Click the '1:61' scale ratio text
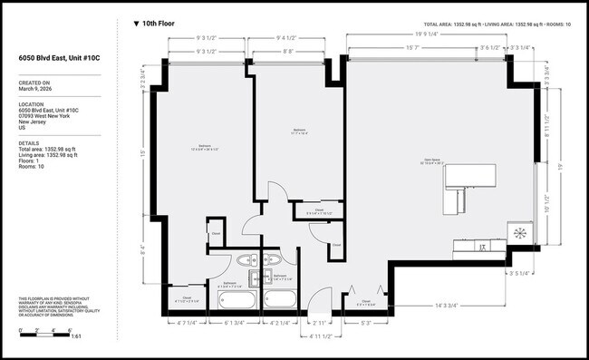[x=75, y=336]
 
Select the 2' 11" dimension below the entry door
[x=318, y=322]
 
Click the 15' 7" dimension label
[x=415, y=47]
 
